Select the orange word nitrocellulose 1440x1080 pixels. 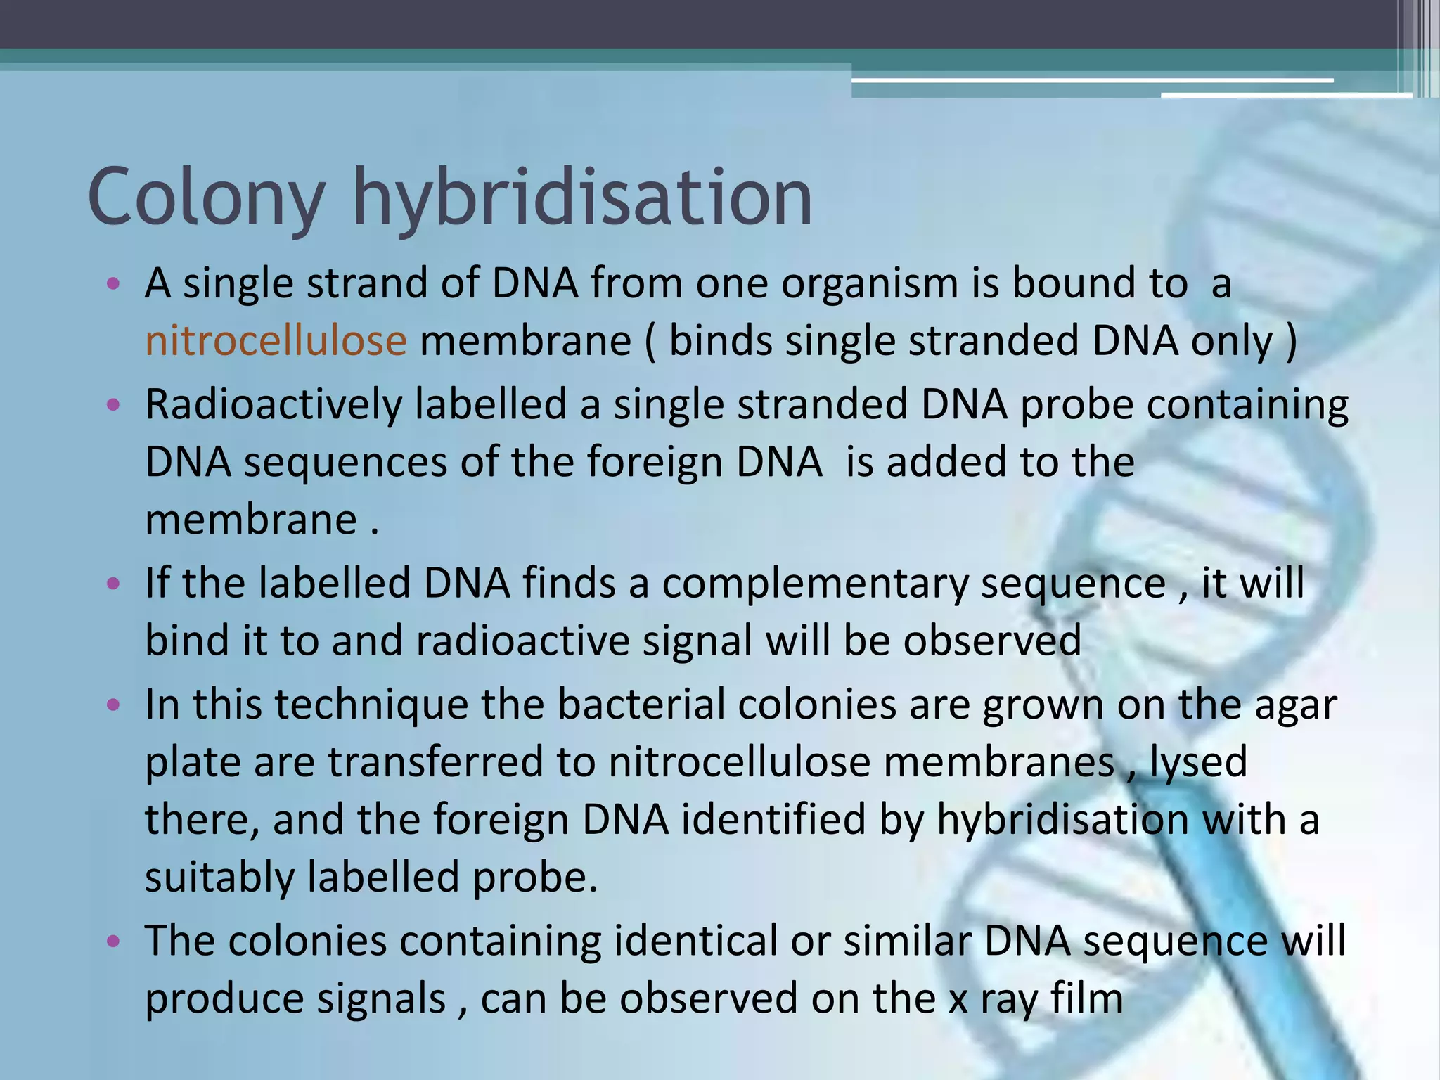276,341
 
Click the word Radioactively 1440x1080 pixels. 274,406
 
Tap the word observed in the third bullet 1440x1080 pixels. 992,641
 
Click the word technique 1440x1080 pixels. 371,705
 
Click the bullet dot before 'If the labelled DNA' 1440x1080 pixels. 113,584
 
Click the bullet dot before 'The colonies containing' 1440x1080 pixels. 113,941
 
